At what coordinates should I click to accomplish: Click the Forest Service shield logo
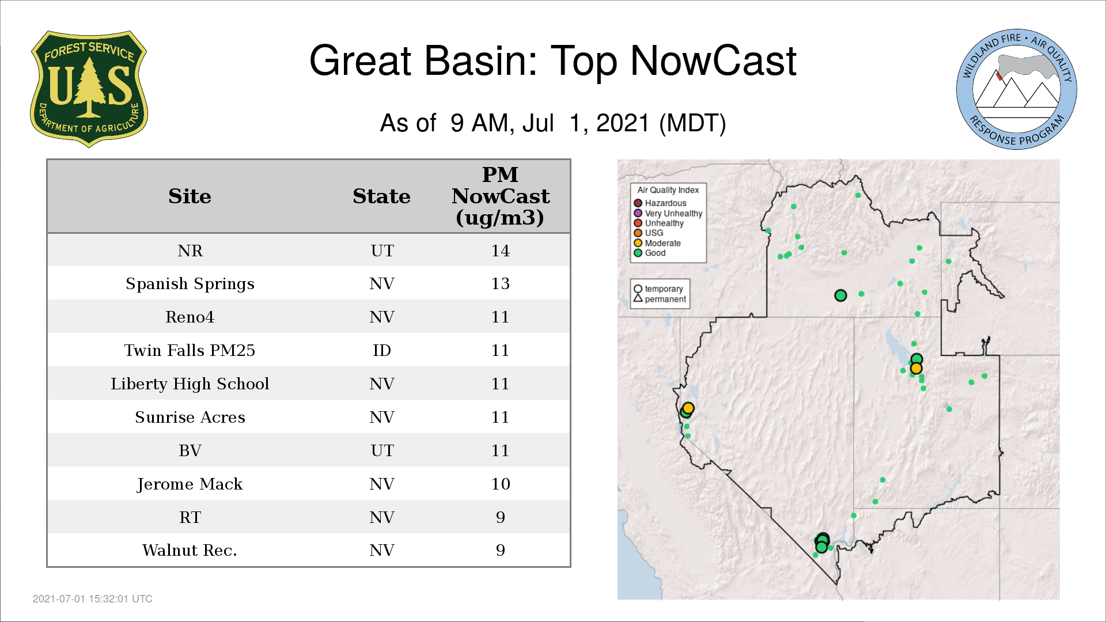(x=89, y=89)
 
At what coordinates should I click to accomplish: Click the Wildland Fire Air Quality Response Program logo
(x=1017, y=89)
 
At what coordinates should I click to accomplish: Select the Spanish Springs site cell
(x=190, y=284)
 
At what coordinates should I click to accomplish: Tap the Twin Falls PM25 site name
(x=190, y=350)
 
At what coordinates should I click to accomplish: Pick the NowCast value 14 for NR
(x=501, y=251)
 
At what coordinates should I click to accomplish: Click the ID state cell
(x=382, y=350)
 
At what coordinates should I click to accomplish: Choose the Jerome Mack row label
(x=190, y=484)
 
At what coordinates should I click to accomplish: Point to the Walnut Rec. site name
(x=190, y=551)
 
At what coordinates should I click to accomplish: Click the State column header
(x=381, y=196)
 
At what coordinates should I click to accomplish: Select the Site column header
(x=190, y=196)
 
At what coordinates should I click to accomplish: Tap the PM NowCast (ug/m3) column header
(x=501, y=196)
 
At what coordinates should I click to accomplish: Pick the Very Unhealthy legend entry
(x=668, y=214)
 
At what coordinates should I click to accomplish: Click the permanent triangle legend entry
(x=660, y=299)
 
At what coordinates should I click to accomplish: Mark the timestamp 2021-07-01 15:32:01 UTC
(x=93, y=599)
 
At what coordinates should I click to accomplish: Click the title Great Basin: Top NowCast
(x=553, y=60)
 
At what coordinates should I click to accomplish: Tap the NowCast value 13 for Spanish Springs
(x=501, y=283)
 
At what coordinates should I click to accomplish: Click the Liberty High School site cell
(x=190, y=384)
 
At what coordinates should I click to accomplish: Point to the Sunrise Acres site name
(x=190, y=417)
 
